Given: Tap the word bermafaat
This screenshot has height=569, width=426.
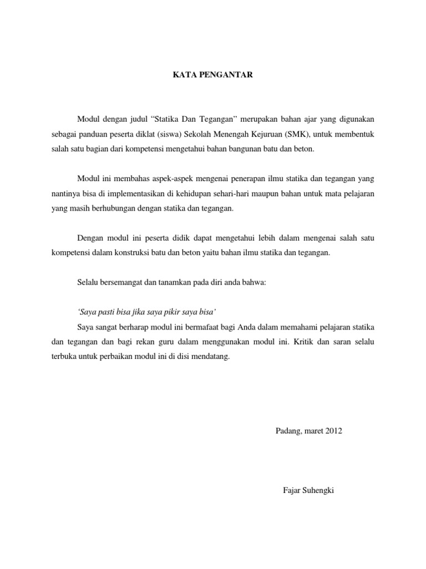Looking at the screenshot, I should click(x=191, y=326).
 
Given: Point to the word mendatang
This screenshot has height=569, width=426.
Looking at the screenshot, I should click(x=212, y=357).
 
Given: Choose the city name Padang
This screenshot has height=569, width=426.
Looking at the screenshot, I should click(x=288, y=431).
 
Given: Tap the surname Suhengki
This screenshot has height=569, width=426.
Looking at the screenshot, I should click(x=320, y=491).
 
